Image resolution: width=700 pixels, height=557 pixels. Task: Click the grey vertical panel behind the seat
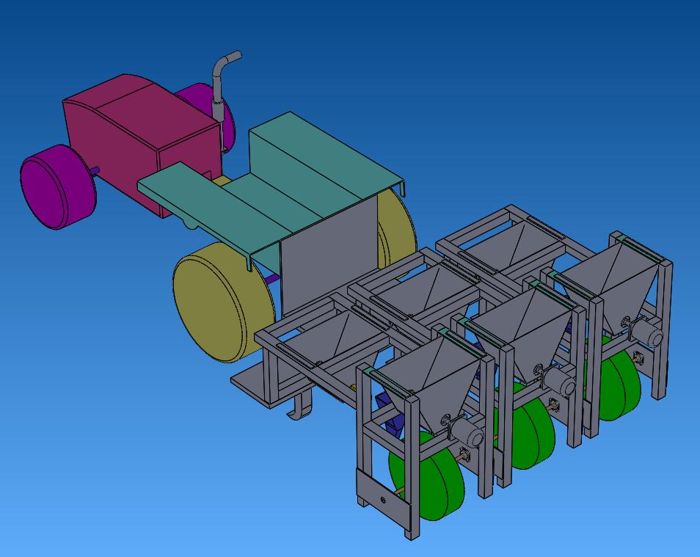click(327, 253)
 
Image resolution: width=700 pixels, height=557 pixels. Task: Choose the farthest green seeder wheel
click(620, 382)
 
